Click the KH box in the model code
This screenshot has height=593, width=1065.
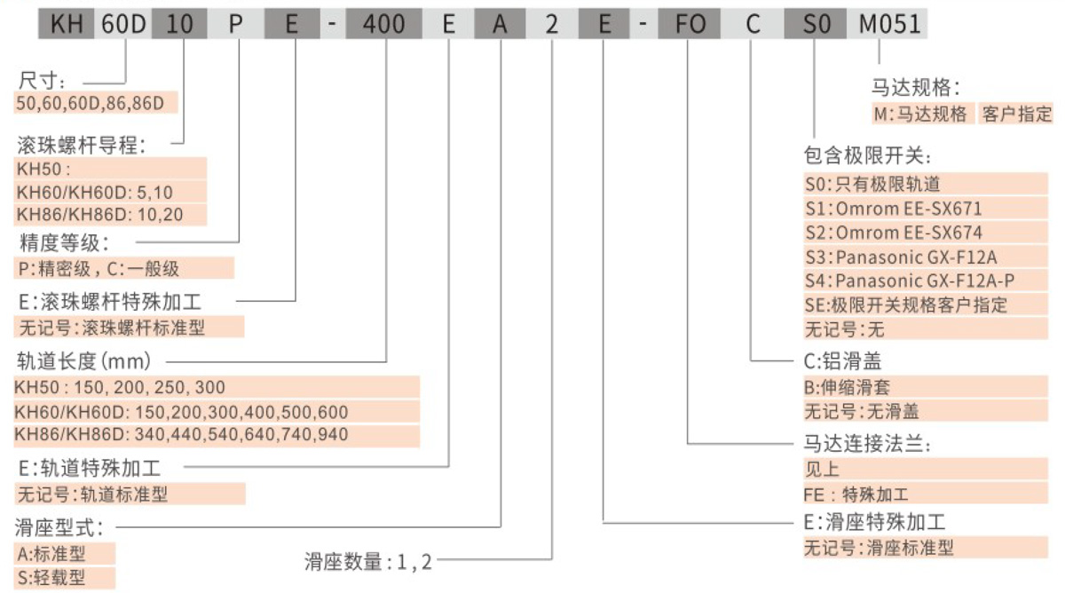click(x=66, y=25)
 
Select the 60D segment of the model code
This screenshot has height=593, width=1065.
click(x=123, y=25)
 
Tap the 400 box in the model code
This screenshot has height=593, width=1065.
click(x=384, y=25)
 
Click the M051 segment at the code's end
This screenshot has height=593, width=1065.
click(x=888, y=25)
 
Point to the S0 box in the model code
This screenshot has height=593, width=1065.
click(x=810, y=25)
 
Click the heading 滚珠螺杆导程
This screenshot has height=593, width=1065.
click(x=81, y=144)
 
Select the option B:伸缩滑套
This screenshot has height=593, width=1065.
click(x=848, y=387)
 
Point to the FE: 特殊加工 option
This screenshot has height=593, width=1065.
click(x=856, y=494)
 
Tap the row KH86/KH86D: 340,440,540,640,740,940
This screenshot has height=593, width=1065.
click(x=182, y=434)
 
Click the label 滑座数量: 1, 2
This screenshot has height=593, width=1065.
click(x=367, y=561)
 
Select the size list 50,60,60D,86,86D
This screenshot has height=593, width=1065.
click(x=91, y=103)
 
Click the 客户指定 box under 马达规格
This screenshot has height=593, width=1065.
click(x=1016, y=114)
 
